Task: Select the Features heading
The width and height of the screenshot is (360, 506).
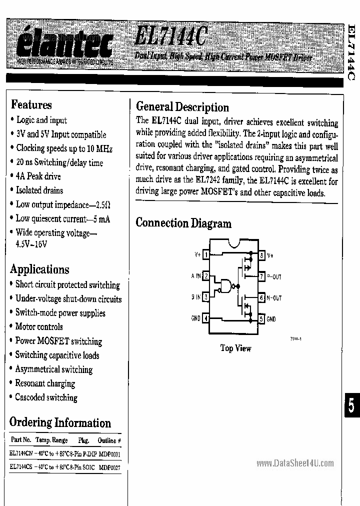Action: (x=31, y=105)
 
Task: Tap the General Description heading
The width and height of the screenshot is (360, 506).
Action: (x=182, y=107)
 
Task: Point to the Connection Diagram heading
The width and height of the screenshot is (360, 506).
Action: (x=183, y=223)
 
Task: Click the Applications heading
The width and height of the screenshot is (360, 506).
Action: (x=40, y=269)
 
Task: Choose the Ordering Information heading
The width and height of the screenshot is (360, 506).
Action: (x=60, y=422)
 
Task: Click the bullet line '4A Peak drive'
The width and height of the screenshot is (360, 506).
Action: (x=38, y=176)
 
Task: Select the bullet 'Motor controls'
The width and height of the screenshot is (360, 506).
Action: (x=39, y=327)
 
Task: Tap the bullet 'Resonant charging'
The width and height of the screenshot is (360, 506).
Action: (x=45, y=383)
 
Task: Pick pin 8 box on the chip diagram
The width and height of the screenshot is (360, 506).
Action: (x=261, y=255)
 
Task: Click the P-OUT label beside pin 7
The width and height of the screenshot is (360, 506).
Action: (x=274, y=276)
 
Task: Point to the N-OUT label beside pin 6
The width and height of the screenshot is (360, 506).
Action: (x=274, y=298)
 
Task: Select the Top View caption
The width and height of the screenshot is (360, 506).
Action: (x=235, y=348)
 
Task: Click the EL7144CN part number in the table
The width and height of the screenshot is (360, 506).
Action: (x=20, y=454)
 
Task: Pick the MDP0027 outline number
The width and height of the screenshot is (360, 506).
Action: (x=109, y=468)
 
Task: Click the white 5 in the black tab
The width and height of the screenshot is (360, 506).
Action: (x=351, y=406)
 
